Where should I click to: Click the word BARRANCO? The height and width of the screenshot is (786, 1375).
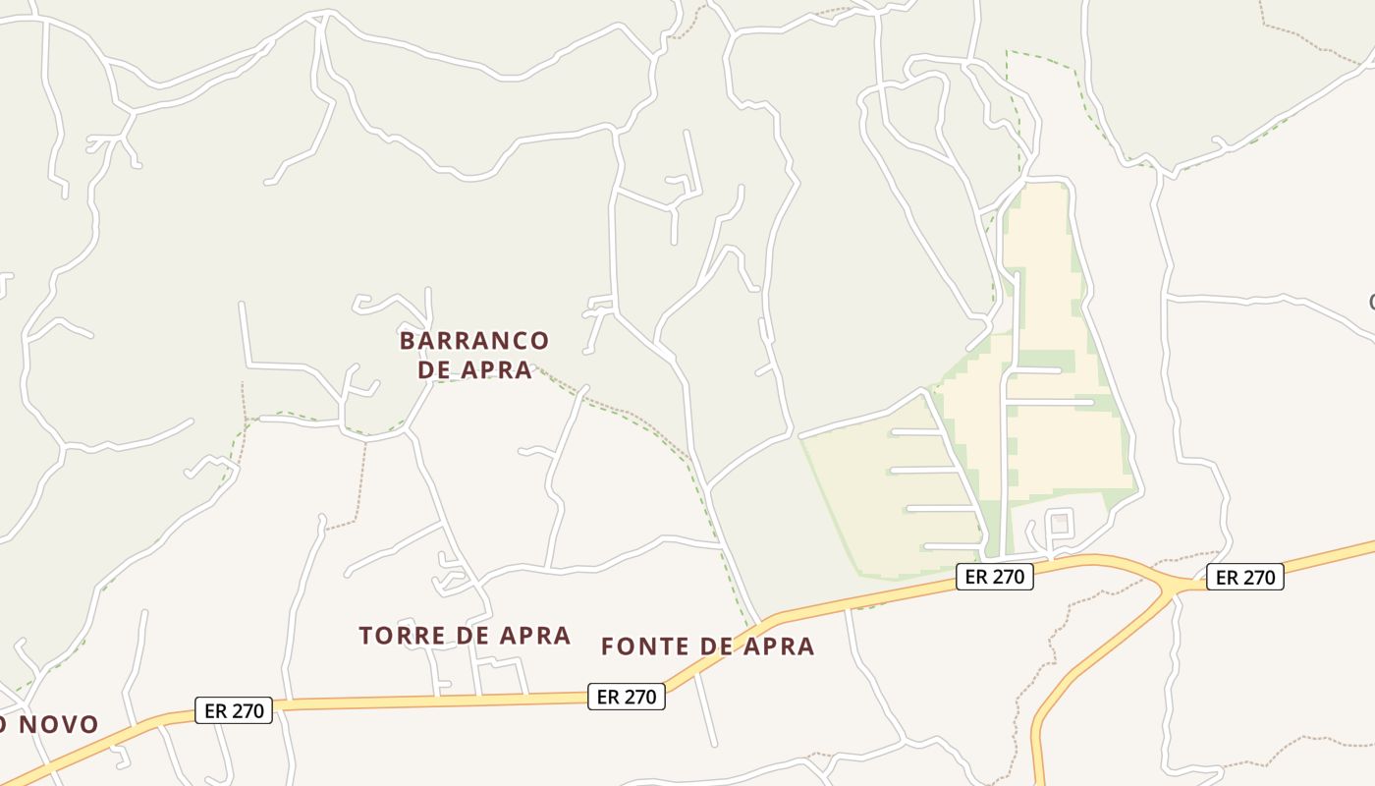point(473,341)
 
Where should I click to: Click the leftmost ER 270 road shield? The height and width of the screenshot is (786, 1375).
point(234,710)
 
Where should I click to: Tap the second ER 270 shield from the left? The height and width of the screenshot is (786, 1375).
point(627,697)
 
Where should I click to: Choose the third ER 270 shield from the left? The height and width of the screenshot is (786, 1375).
point(995,577)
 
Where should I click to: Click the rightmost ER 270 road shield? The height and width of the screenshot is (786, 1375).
point(1245,578)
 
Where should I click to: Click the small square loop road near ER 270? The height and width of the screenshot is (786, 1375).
point(1059,522)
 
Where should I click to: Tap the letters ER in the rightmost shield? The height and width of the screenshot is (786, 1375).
point(1229,578)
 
